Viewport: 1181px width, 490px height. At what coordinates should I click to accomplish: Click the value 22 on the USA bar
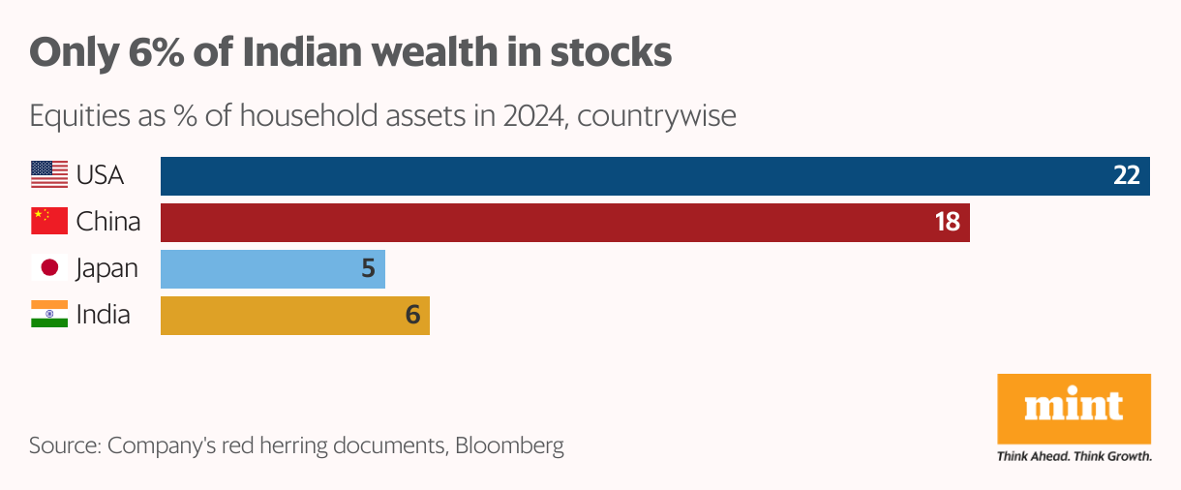pos(1127,175)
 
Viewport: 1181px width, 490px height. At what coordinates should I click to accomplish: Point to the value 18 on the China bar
pos(947,222)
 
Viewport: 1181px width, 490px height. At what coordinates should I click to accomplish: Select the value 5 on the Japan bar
pos(368,268)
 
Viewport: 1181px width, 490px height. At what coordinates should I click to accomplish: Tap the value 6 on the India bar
pos(412,315)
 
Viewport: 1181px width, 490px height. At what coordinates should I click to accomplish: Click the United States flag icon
pos(49,175)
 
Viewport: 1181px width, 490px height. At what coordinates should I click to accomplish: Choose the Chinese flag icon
pos(49,222)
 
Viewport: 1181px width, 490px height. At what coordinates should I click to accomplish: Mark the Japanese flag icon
pos(49,268)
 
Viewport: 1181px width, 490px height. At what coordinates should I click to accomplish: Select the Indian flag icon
pos(49,315)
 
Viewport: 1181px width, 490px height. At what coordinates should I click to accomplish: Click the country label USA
pos(101,175)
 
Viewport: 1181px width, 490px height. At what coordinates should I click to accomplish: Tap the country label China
pos(108,222)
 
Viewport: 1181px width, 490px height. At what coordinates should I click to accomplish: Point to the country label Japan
pos(107,268)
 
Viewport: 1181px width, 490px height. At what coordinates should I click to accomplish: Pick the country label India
pos(104,315)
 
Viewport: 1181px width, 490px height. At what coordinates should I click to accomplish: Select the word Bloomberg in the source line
pos(509,446)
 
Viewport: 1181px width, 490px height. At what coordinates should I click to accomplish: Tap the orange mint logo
pos(1074,408)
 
